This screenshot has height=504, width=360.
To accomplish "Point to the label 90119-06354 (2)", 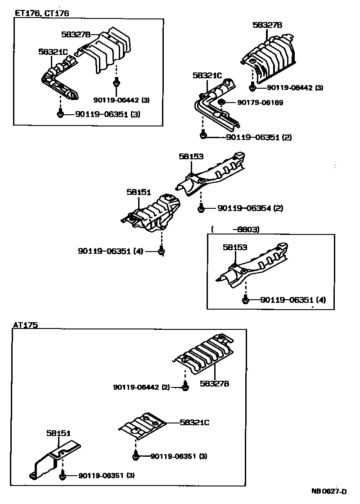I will [x=250, y=208].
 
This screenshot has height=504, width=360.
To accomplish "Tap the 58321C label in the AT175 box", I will [x=195, y=422].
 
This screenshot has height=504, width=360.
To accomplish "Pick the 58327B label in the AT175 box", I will [x=215, y=383].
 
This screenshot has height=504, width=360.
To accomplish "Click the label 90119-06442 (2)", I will [x=141, y=387].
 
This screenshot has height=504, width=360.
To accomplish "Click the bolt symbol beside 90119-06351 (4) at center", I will [x=162, y=251].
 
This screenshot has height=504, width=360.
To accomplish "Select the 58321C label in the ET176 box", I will [x=53, y=52].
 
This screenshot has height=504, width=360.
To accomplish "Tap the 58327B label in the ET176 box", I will [x=76, y=34].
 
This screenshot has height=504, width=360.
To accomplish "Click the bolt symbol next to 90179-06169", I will [x=221, y=103].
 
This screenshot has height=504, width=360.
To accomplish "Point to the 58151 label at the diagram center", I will [x=138, y=192].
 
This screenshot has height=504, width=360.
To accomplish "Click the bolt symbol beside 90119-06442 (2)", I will [x=185, y=387].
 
